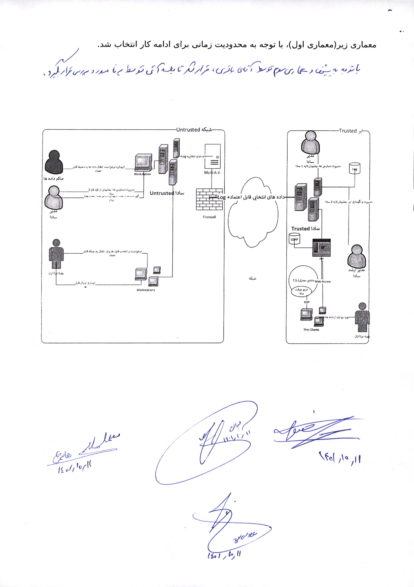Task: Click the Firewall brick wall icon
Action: (209, 200)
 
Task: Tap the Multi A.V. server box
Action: (212, 156)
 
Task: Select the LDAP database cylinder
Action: (294, 239)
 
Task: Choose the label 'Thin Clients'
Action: (311, 330)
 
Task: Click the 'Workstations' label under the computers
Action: (146, 290)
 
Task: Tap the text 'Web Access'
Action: (323, 282)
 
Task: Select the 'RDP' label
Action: (307, 302)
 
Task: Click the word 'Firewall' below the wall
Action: (209, 217)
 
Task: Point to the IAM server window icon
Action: (321, 248)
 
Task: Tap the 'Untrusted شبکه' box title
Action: (194, 130)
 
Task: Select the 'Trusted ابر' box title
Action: (351, 131)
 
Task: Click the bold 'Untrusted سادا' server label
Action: (167, 193)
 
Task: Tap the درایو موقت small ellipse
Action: (301, 291)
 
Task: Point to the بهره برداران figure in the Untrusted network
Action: (56, 254)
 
